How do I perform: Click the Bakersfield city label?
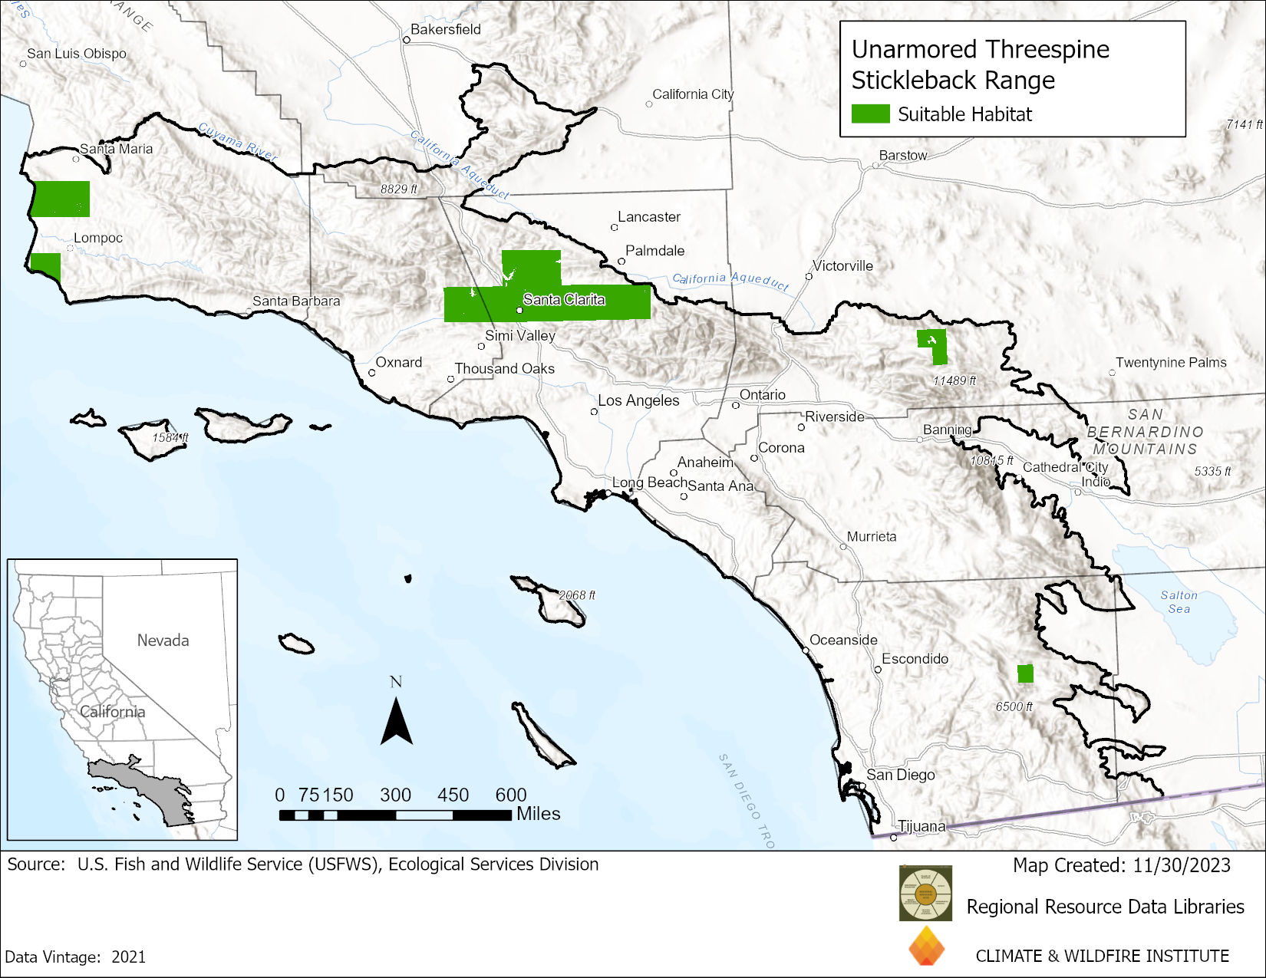(x=445, y=29)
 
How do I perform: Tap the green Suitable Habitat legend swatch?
(x=870, y=114)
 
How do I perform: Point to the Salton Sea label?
(x=1179, y=601)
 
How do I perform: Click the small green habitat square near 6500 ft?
(x=1025, y=673)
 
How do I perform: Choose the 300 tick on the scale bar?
(x=395, y=795)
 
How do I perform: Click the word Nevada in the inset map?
(x=163, y=640)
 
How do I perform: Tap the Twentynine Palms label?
(x=1171, y=362)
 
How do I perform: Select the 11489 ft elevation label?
(x=954, y=380)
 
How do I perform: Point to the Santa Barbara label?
(x=296, y=301)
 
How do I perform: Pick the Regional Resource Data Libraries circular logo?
(x=925, y=893)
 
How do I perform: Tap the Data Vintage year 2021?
(x=128, y=957)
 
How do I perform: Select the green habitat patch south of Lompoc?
(x=46, y=266)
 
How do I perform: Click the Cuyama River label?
(x=237, y=141)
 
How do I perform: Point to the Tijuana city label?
(x=921, y=826)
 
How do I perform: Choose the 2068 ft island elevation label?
(x=576, y=594)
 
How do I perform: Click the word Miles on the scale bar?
(x=538, y=814)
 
